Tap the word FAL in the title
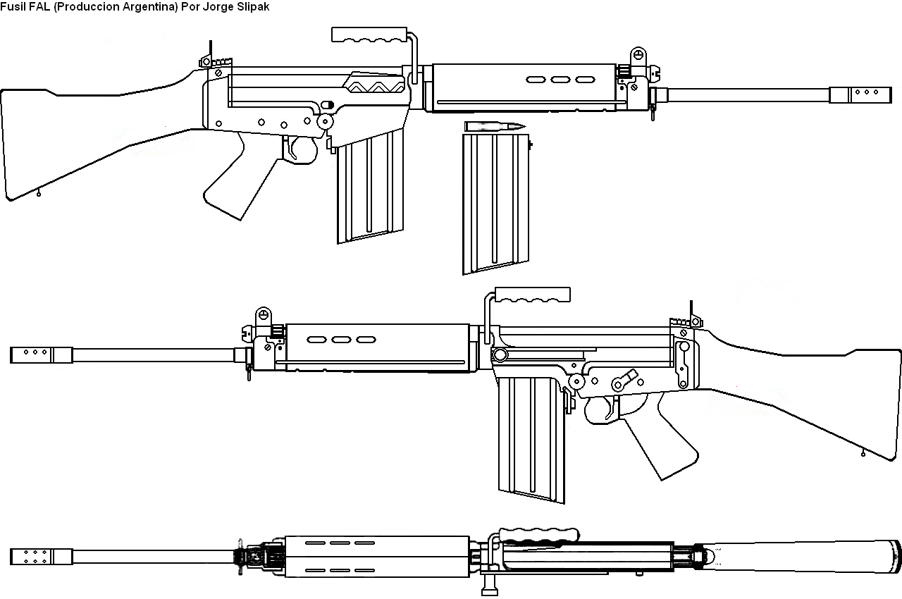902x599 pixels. (x=39, y=6)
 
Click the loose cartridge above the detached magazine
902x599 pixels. (x=495, y=126)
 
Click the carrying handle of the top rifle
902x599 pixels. (x=370, y=35)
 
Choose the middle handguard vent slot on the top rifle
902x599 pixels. (x=560, y=79)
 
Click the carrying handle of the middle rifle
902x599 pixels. (x=533, y=295)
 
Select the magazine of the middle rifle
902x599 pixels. (x=530, y=437)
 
